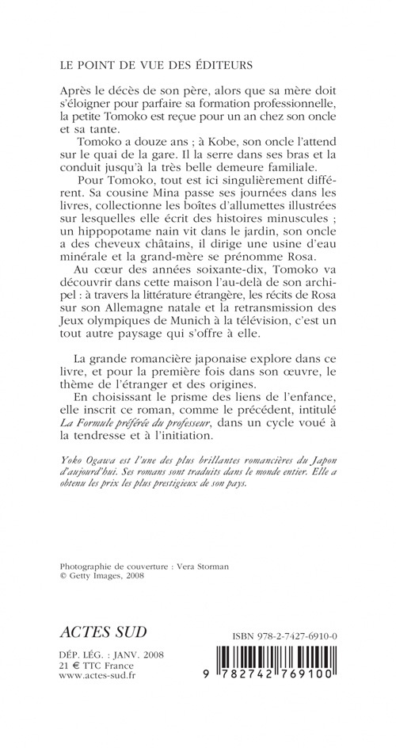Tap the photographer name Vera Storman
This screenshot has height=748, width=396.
[x=211, y=567]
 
